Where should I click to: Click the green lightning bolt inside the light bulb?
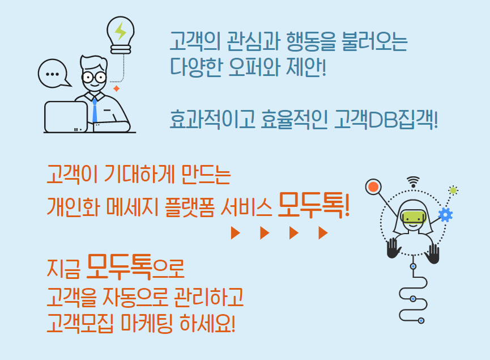click(x=120, y=31)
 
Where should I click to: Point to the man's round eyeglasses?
click(x=94, y=77)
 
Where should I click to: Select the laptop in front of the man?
click(x=66, y=117)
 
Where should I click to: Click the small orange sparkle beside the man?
click(x=116, y=88)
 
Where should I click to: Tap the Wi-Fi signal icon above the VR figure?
click(x=413, y=181)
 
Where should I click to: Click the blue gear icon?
click(x=445, y=215)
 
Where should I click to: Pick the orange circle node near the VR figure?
click(x=373, y=187)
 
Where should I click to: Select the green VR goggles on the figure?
click(x=413, y=217)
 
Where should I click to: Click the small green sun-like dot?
click(x=453, y=190)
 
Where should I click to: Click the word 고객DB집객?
click(x=386, y=120)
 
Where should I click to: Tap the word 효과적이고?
click(x=212, y=120)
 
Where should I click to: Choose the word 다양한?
click(x=196, y=67)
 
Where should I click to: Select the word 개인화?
click(x=74, y=207)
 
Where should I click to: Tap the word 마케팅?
click(x=146, y=323)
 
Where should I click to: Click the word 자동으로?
click(x=134, y=297)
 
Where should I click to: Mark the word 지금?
click(x=63, y=268)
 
